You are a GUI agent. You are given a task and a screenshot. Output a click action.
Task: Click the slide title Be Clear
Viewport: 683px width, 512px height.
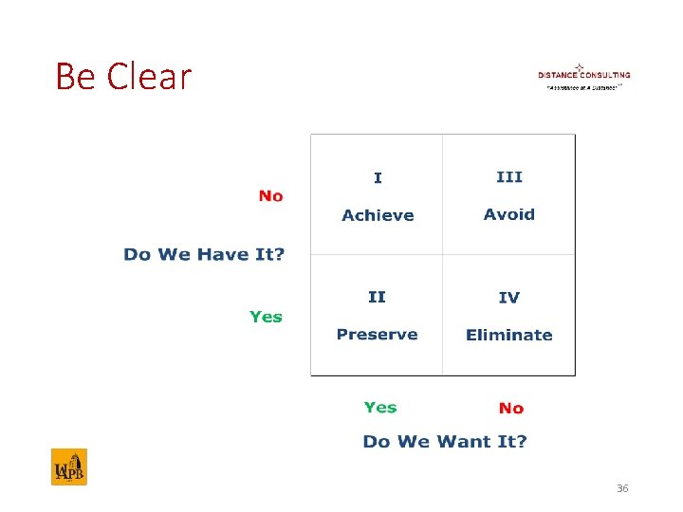(123, 77)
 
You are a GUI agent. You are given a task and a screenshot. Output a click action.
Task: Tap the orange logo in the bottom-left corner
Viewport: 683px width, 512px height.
(68, 467)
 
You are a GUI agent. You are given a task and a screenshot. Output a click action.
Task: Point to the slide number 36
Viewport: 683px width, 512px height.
(622, 488)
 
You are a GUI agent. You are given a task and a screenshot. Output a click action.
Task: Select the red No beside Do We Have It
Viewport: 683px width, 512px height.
(270, 196)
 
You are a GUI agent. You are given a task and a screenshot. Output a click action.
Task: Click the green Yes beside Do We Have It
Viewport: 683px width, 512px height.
(266, 317)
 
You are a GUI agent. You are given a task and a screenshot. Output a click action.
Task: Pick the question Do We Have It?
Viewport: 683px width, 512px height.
(204, 255)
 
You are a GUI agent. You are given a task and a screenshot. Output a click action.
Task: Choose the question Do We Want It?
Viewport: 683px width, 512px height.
(444, 442)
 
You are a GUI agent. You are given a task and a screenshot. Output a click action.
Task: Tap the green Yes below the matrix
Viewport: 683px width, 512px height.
(380, 408)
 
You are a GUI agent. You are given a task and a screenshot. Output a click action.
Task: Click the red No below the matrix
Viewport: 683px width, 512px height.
(510, 409)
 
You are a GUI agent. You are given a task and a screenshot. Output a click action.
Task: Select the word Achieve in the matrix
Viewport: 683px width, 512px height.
(378, 215)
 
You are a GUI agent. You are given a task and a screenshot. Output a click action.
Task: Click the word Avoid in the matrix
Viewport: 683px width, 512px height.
(509, 214)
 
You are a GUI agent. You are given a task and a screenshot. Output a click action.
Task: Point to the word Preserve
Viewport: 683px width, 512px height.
(377, 335)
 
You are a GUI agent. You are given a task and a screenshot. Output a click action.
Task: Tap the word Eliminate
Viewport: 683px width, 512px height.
(508, 336)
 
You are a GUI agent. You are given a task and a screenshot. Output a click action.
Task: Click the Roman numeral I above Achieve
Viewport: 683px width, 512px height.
(378, 178)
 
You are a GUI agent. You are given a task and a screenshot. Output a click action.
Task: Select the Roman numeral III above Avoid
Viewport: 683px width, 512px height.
(509, 177)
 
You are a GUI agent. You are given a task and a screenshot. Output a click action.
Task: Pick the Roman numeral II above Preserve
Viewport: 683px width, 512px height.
(377, 298)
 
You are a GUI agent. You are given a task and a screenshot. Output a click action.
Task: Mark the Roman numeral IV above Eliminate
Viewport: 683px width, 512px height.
(509, 299)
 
